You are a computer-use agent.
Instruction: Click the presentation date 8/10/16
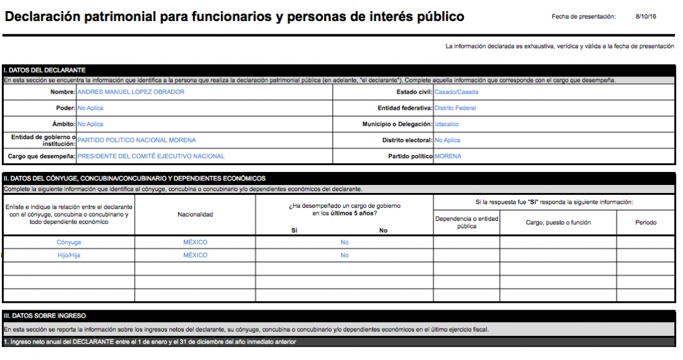click(x=645, y=17)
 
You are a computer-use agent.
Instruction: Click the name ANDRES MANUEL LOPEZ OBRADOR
click(x=130, y=92)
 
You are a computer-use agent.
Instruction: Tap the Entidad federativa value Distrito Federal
click(x=456, y=108)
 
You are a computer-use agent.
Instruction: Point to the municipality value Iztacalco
click(x=447, y=124)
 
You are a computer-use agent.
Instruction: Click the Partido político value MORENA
click(x=448, y=156)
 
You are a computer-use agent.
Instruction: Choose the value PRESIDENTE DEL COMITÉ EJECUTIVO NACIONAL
click(x=151, y=156)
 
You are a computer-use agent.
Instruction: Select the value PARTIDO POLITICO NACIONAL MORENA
click(x=137, y=140)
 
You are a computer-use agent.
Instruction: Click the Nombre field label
click(x=63, y=92)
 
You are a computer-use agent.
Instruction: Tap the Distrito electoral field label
click(x=407, y=140)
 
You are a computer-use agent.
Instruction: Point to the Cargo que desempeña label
click(x=41, y=156)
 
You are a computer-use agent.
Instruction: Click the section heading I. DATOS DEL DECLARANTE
click(x=44, y=70)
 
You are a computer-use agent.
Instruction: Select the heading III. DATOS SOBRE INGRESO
click(x=45, y=316)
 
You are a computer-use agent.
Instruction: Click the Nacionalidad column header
click(x=195, y=214)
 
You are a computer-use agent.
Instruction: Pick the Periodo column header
click(x=646, y=222)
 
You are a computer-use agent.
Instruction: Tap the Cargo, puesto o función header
click(x=558, y=222)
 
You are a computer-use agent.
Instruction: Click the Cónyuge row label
click(x=69, y=242)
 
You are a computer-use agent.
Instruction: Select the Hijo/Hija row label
click(x=69, y=255)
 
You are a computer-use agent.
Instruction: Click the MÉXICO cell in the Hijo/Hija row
click(x=195, y=255)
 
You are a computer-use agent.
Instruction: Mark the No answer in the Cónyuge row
click(x=345, y=242)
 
